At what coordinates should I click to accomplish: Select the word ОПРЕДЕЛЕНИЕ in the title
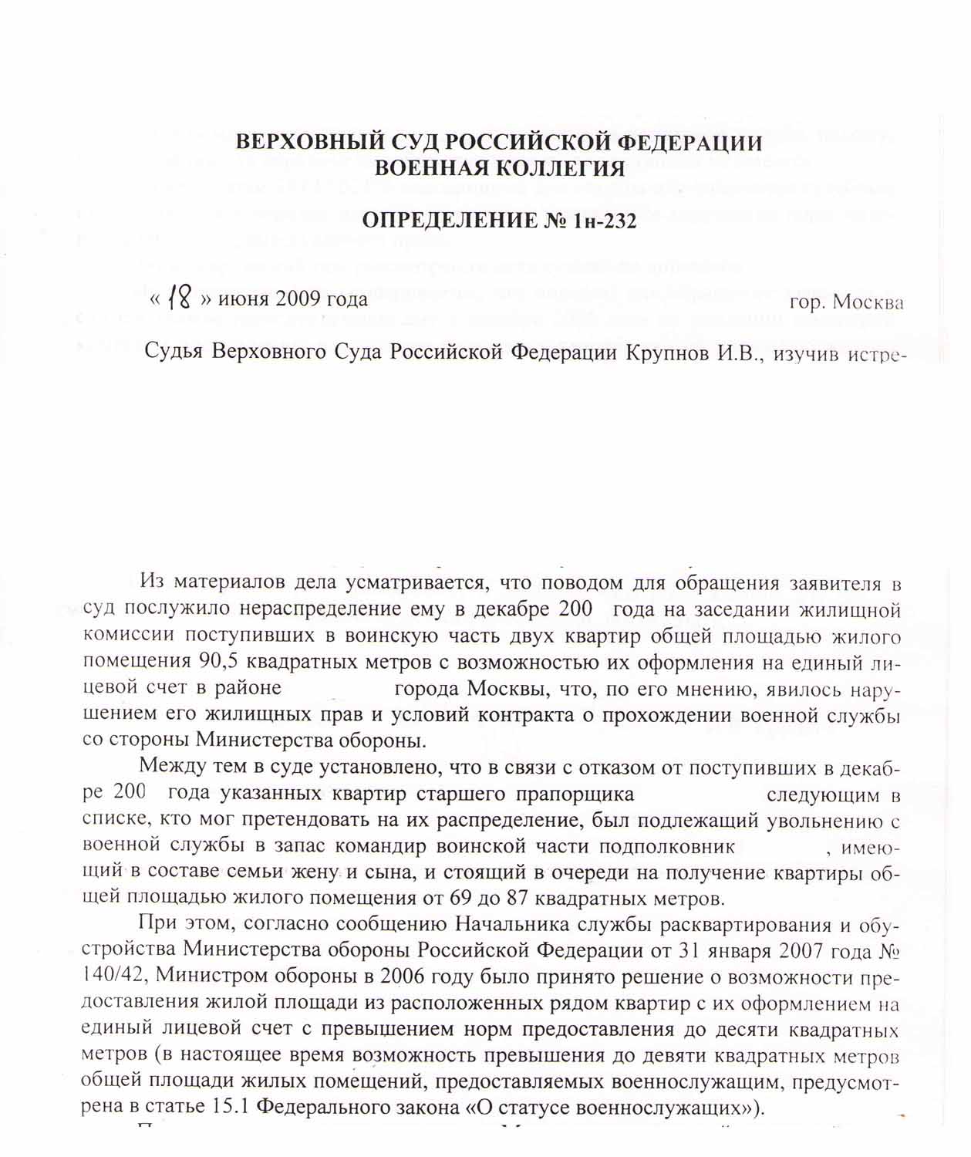448,221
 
